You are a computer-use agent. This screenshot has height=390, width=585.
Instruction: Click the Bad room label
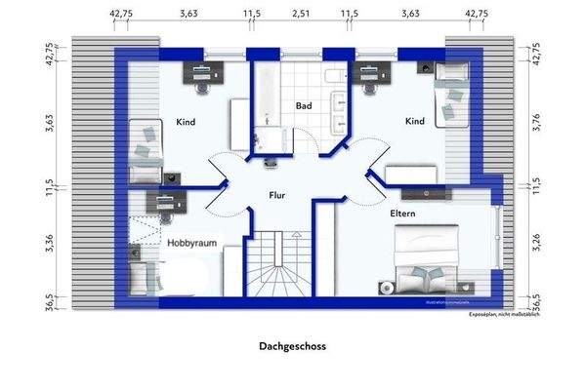303,104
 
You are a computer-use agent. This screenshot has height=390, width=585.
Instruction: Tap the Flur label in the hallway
278,195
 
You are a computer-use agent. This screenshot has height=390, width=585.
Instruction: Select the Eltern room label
404,212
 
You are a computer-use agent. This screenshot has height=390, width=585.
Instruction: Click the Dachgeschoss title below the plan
292,345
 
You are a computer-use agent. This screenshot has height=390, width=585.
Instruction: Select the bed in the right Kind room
450,95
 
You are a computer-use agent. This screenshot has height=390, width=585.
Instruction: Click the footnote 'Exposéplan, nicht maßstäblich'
503,314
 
